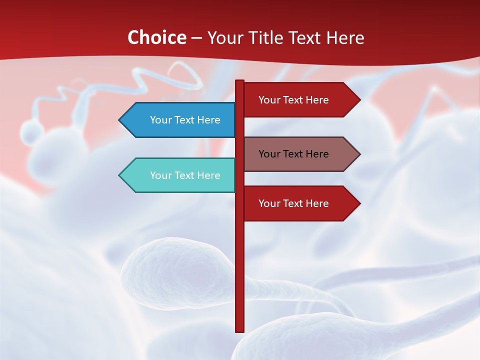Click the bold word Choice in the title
pos(156,37)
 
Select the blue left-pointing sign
pos(180,120)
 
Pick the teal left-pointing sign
pos(180,175)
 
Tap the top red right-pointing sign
pos(297,100)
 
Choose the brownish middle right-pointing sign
pos(297,154)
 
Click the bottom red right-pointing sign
pos(297,203)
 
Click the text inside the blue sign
pos(185,120)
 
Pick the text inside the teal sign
pos(185,175)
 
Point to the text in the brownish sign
pos(293,154)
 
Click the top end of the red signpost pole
pos(239,82)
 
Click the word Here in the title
pos(345,37)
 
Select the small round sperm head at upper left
pos(32,133)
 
